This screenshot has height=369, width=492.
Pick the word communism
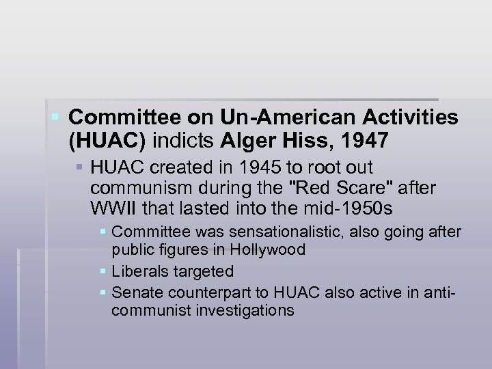click(133, 187)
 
